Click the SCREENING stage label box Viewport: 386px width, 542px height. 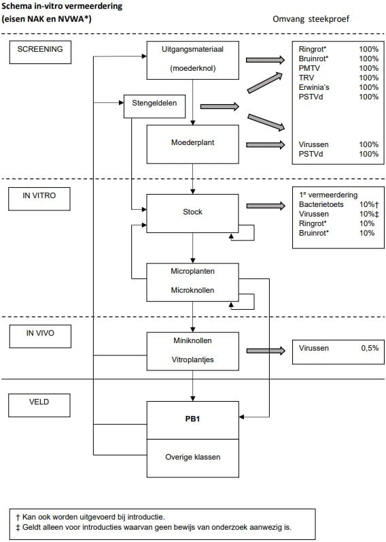coord(39,50)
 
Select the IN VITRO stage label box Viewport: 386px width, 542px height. coord(39,195)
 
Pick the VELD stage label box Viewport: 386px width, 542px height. coord(39,403)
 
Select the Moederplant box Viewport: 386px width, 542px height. coord(193,144)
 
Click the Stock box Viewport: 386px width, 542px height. coord(193,212)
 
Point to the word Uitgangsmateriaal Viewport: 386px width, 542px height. coord(193,50)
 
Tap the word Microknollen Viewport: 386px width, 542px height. coord(193,290)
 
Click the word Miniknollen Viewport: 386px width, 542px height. coord(193,339)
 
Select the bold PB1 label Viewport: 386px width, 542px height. coord(193,419)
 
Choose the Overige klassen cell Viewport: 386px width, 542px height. coord(193,457)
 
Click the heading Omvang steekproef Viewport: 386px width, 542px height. coord(311,18)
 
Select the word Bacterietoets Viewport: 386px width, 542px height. coord(321,204)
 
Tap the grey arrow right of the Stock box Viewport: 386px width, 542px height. coord(265,206)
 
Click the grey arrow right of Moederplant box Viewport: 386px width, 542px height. coord(265,144)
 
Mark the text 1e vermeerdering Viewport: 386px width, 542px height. coord(328,195)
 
